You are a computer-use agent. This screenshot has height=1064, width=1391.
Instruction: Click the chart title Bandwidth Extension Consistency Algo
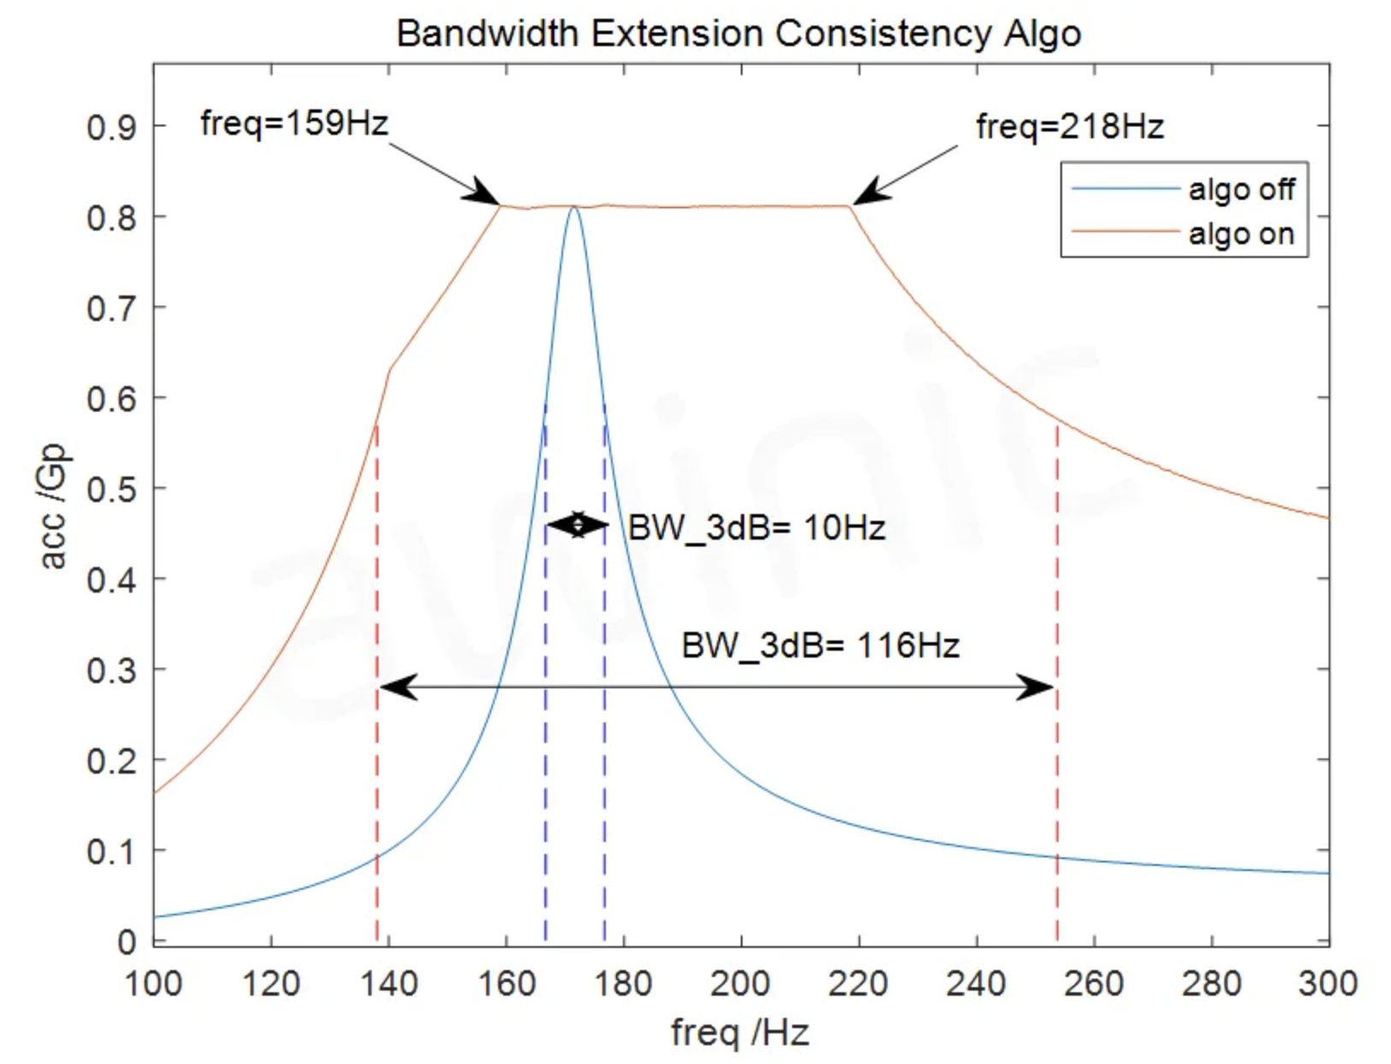coord(739,34)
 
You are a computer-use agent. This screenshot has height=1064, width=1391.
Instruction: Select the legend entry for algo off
coord(1241,189)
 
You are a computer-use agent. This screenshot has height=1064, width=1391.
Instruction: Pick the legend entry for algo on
coord(1241,234)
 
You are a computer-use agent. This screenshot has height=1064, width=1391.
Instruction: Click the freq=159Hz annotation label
coord(294,124)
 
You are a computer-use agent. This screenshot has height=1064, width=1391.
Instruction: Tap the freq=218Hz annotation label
coord(1070,127)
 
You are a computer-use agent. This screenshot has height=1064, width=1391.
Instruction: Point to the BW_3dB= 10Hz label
coord(757,528)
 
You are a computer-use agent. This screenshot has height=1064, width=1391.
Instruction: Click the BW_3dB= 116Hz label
coord(820,646)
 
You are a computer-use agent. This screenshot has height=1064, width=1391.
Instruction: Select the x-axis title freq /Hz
coord(740,1032)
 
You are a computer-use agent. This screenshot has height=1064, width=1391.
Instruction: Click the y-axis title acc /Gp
coord(54,506)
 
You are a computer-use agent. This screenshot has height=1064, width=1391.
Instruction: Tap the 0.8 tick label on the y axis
coord(111,218)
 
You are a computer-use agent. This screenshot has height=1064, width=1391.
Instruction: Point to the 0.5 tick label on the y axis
coord(111,489)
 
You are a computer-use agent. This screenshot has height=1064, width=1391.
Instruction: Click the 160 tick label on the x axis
coord(507,985)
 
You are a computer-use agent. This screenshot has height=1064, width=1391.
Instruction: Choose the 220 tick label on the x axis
coord(859,985)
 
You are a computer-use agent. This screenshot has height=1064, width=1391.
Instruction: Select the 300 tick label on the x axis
coord(1328,985)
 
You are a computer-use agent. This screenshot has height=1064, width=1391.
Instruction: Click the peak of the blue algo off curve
coord(573,208)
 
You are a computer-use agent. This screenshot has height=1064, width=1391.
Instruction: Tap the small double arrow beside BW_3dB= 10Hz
coord(578,525)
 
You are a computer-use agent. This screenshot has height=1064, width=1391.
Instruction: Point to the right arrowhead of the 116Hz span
coord(1036,687)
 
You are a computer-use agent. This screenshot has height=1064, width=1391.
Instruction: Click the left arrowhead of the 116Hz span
coord(398,687)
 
